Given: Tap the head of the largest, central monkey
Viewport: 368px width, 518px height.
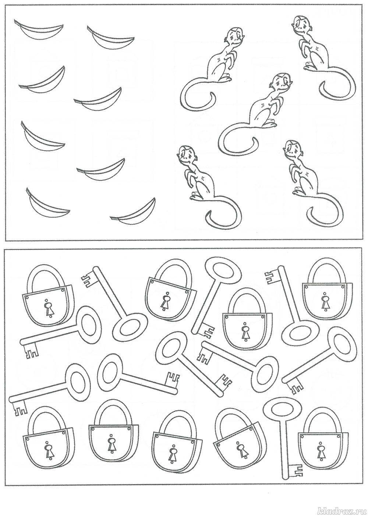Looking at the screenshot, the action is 280,82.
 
